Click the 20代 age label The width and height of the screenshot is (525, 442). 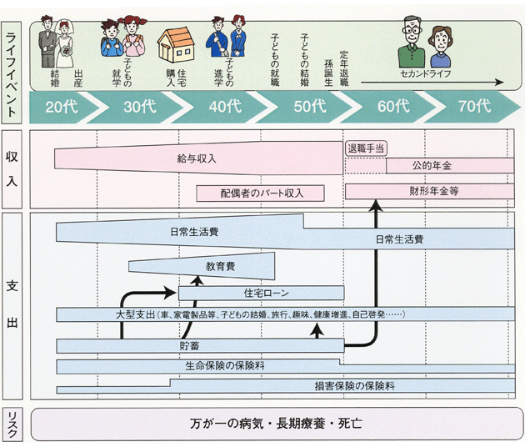[x=62, y=107]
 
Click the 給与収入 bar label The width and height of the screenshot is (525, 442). [x=197, y=158]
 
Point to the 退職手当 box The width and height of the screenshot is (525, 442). [x=366, y=148]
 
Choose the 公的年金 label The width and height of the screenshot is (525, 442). [x=431, y=165]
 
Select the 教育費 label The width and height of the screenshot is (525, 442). [x=221, y=266]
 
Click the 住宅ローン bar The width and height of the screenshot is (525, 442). [x=261, y=293]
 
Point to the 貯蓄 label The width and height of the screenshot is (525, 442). [x=189, y=345]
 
